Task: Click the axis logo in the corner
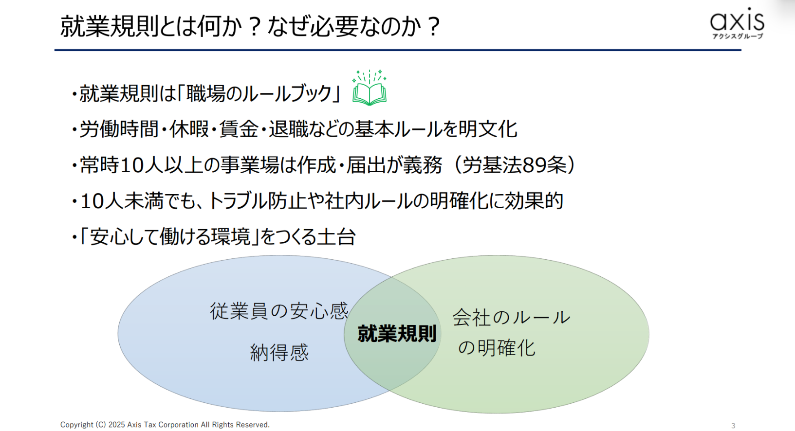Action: coord(737,23)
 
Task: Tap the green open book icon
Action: coord(370,88)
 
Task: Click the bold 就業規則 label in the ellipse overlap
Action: coord(397,333)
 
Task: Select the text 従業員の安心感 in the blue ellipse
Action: coord(279,311)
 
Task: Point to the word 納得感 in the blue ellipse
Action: coord(279,352)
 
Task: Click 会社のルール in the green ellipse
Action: coord(511,317)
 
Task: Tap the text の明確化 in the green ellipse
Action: coord(496,348)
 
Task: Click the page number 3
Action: coord(733,425)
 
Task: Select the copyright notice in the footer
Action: coord(165,425)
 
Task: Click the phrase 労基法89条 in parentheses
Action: coord(514,165)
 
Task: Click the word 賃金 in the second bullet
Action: coord(239,129)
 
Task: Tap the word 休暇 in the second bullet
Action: coord(189,129)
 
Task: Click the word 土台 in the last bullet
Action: coord(336,236)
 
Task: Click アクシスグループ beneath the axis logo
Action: coord(738,36)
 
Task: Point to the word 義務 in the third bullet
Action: coord(423,165)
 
